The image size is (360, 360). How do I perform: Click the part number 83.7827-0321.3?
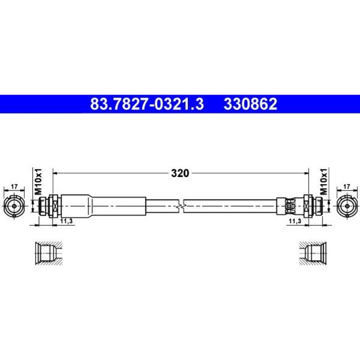click(147, 104)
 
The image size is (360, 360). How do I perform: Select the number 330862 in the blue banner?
click(250, 104)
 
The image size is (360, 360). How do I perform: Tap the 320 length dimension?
click(180, 173)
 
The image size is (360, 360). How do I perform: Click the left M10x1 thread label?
click(38, 181)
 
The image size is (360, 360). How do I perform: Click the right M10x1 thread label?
click(323, 181)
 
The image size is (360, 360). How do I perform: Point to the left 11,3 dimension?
click(66, 221)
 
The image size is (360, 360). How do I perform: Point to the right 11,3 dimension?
click(295, 221)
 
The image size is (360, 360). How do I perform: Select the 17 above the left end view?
click(14, 186)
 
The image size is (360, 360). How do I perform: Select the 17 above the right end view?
click(346, 186)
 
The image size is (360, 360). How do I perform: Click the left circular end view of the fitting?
click(14, 206)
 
